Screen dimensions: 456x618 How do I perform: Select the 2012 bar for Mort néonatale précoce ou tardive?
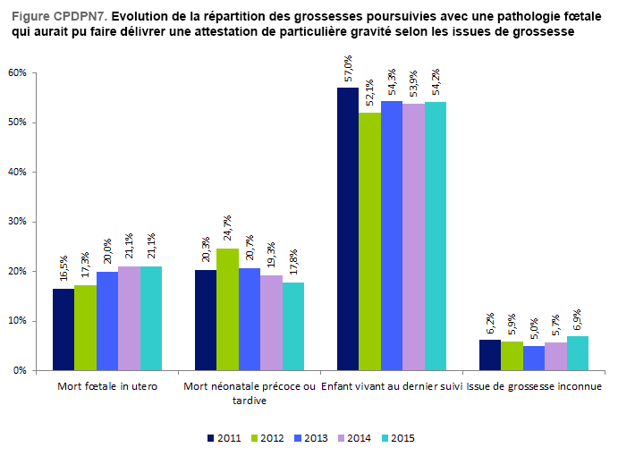[x=227, y=309]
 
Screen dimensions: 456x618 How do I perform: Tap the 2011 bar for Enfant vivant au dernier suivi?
[x=348, y=229]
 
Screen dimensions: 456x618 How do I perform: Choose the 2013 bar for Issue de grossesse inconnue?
[x=534, y=358]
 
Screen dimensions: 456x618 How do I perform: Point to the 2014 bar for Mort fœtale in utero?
[x=129, y=318]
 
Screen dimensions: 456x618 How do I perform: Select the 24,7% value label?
[x=228, y=231]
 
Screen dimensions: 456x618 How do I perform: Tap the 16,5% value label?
[x=64, y=271]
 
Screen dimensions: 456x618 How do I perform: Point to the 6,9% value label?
[x=579, y=319]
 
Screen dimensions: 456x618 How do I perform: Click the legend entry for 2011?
[x=223, y=438]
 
